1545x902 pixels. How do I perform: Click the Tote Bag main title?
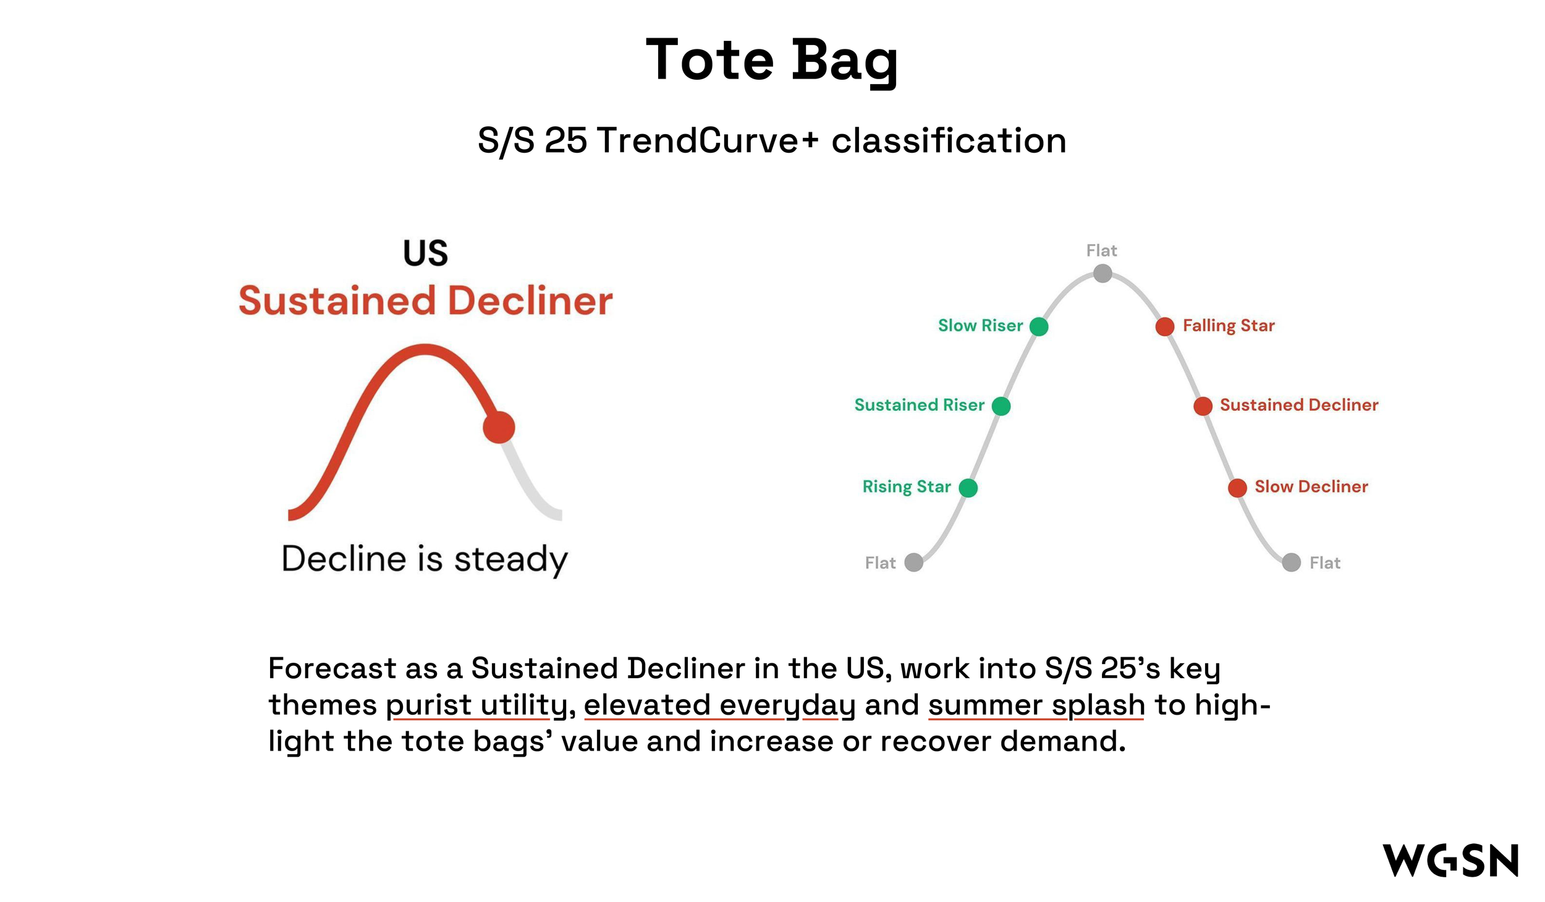(x=771, y=61)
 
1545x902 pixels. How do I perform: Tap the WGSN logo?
(x=1450, y=860)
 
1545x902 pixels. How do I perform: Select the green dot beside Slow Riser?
(x=1039, y=326)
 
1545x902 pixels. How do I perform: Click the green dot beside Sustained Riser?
(x=1001, y=406)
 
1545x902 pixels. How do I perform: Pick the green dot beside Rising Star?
(x=968, y=488)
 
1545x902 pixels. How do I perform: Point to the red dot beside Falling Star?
(x=1165, y=326)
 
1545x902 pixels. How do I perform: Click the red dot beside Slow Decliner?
(x=1237, y=488)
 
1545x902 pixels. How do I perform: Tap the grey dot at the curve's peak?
(x=1103, y=273)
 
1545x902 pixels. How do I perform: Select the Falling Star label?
(x=1229, y=326)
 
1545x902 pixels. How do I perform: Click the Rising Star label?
(x=907, y=487)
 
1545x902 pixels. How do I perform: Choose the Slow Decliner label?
(x=1311, y=487)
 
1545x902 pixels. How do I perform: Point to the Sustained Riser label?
(x=920, y=405)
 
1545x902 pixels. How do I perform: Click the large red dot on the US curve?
(x=499, y=427)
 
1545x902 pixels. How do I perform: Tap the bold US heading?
(x=425, y=253)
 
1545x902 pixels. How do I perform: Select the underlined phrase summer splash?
(x=1036, y=705)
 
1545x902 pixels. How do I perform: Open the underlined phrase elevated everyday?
(x=719, y=705)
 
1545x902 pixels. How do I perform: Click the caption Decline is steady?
(x=425, y=559)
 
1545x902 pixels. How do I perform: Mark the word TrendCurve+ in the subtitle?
(x=708, y=140)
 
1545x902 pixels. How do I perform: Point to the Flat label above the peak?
(x=1102, y=250)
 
